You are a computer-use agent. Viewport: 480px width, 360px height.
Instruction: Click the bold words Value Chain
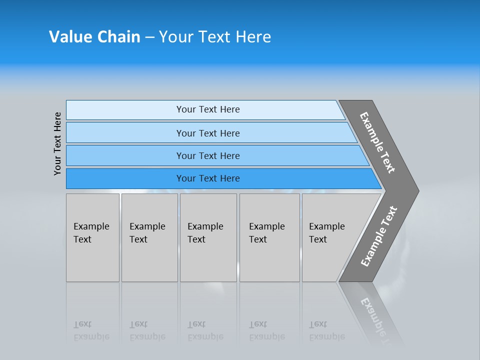(x=94, y=37)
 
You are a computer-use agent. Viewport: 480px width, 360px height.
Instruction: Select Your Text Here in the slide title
(x=215, y=37)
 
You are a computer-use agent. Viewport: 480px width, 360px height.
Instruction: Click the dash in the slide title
(x=149, y=37)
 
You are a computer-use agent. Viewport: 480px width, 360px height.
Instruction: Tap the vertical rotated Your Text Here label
(x=57, y=143)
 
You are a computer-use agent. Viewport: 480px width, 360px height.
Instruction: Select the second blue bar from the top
(x=208, y=133)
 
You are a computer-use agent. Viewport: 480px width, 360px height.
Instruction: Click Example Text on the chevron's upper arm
(x=377, y=142)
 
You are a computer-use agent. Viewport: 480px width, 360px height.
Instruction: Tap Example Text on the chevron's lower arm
(x=379, y=236)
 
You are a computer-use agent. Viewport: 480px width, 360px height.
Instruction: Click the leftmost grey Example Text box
(x=92, y=237)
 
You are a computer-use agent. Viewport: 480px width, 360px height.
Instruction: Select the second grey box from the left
(x=149, y=237)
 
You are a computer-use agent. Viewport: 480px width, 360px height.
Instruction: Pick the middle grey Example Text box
(x=208, y=237)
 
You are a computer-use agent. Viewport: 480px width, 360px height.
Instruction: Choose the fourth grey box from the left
(x=269, y=237)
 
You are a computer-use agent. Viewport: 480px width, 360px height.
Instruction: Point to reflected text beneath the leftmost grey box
(x=91, y=330)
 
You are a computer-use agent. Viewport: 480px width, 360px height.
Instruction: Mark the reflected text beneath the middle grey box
(x=205, y=330)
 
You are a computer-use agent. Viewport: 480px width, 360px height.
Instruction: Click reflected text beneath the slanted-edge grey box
(x=326, y=330)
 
